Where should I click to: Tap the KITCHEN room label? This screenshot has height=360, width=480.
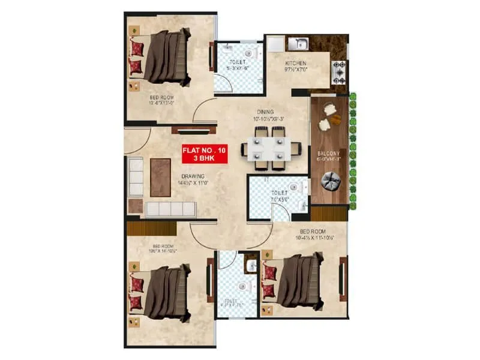[x=296, y=63]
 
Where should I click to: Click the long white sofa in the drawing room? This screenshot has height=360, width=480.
[x=171, y=209]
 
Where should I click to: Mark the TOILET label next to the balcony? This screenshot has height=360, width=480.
[x=278, y=194]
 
